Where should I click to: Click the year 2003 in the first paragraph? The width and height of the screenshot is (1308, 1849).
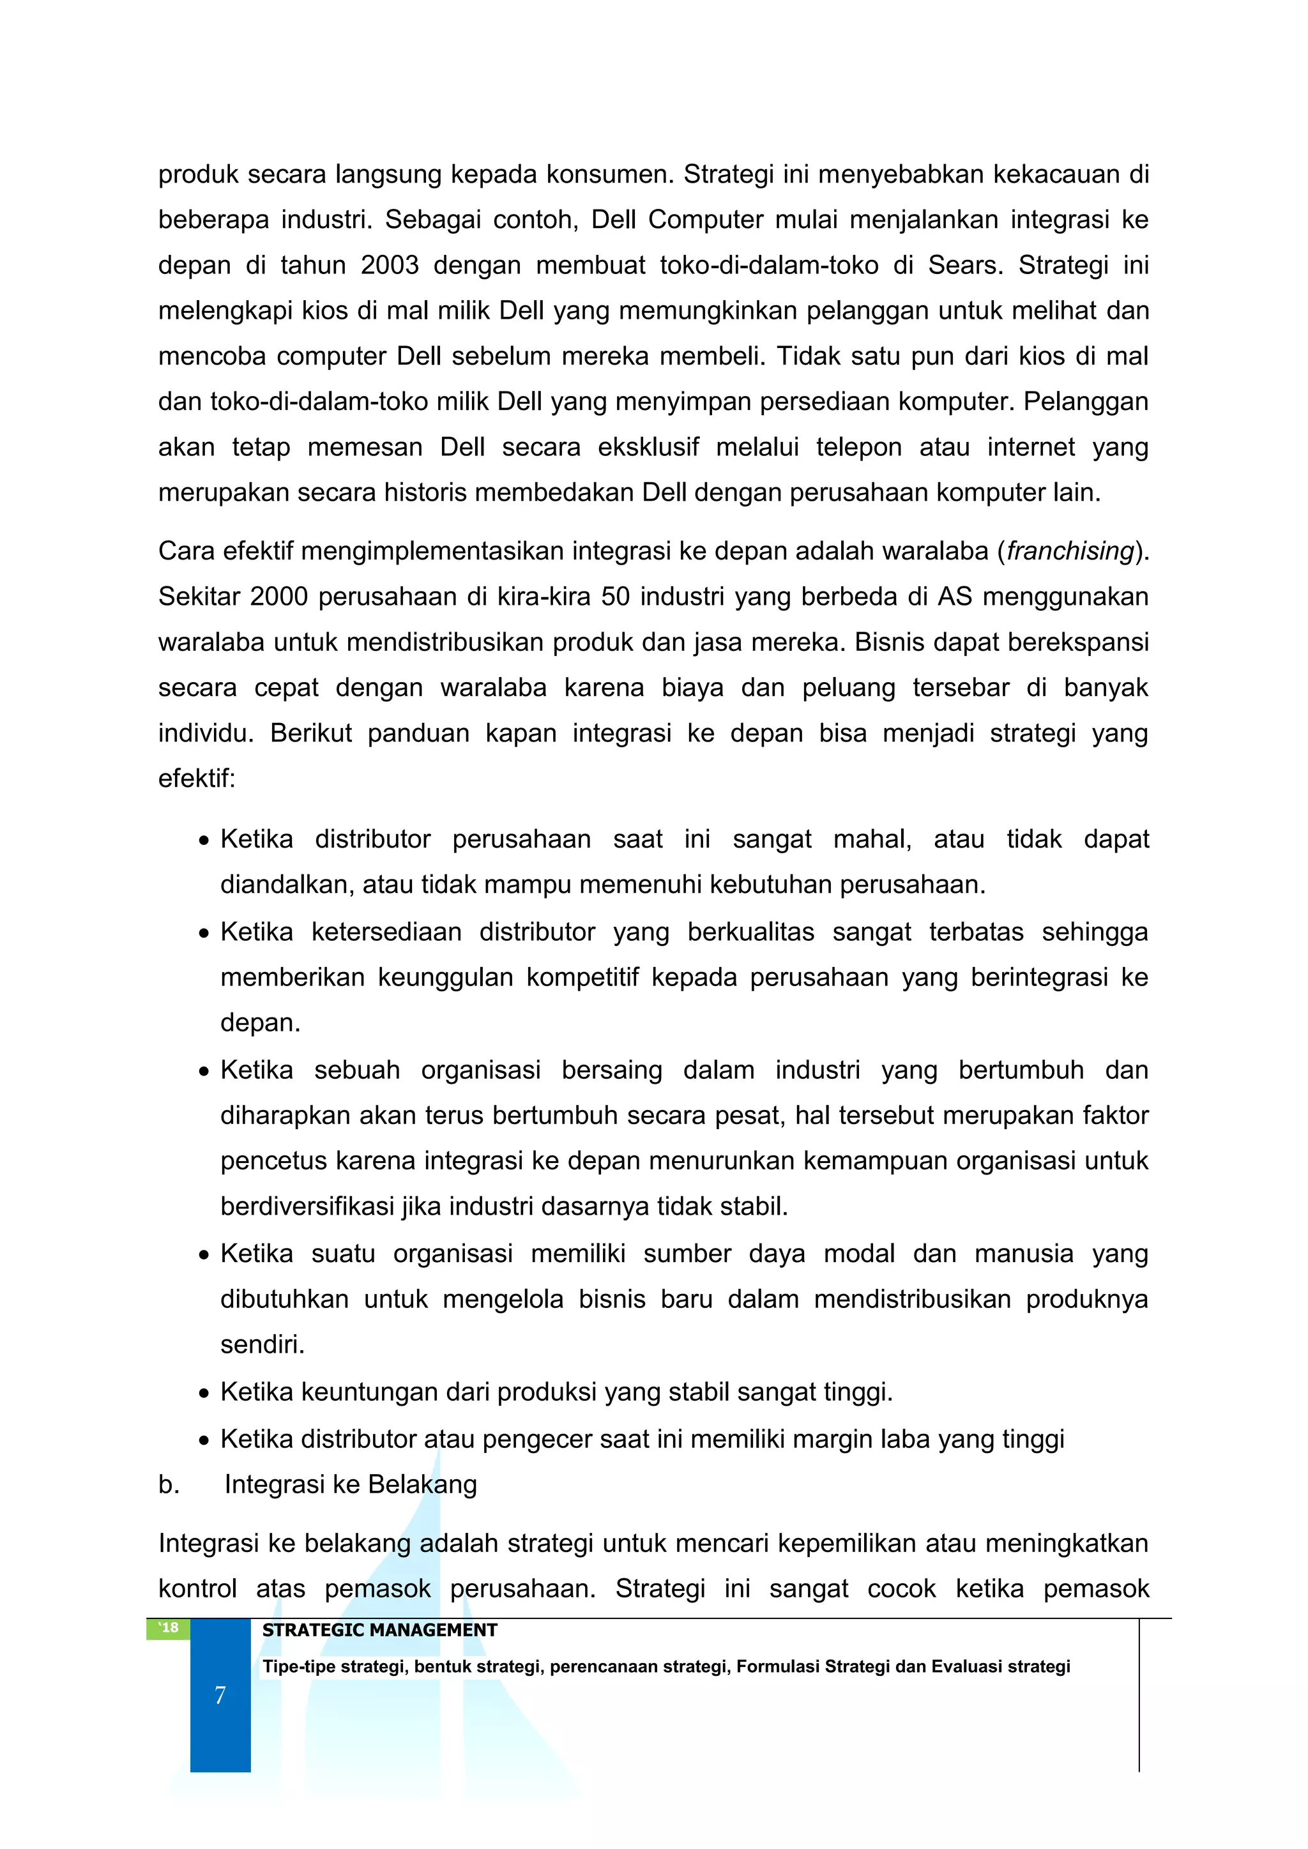pos(389,265)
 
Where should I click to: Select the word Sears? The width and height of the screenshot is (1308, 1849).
pos(965,265)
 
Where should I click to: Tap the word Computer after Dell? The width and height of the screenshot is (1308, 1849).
pos(706,220)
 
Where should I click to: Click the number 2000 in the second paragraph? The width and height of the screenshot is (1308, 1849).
pos(278,597)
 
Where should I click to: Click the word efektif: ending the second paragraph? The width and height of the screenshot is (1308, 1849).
pos(197,779)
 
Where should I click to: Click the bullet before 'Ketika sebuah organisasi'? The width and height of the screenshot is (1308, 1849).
pos(204,1072)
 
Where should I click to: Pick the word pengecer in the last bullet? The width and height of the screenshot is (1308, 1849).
pos(536,1439)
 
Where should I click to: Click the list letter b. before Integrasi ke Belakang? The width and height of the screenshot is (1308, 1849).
pos(169,1484)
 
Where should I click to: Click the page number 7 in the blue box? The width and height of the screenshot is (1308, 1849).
pos(220,1695)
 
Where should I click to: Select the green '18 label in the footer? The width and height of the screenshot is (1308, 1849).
pos(169,1629)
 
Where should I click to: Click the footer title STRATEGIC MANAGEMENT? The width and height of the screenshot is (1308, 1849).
pos(379,1630)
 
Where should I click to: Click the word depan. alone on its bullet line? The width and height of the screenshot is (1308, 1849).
pos(260,1023)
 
